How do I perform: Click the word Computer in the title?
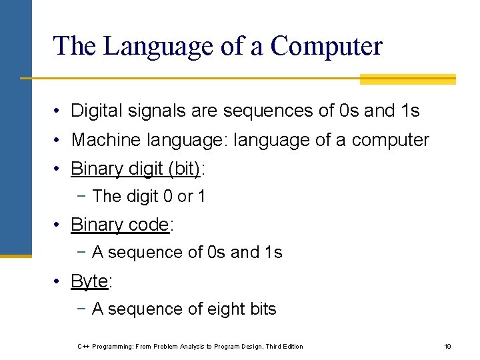[327, 46]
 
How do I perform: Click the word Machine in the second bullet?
[101, 140]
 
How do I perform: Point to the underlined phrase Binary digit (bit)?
[135, 169]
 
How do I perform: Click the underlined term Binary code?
[120, 225]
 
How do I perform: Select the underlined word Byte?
[89, 282]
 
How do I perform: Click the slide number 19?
[447, 347]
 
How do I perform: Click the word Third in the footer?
[273, 347]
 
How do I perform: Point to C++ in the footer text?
[83, 347]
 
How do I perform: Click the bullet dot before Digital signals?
[59, 111]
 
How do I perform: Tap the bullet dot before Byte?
[59, 282]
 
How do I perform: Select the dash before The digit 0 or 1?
[83, 197]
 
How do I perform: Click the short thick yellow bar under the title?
[407, 79]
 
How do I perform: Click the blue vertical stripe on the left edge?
[15, 127]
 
